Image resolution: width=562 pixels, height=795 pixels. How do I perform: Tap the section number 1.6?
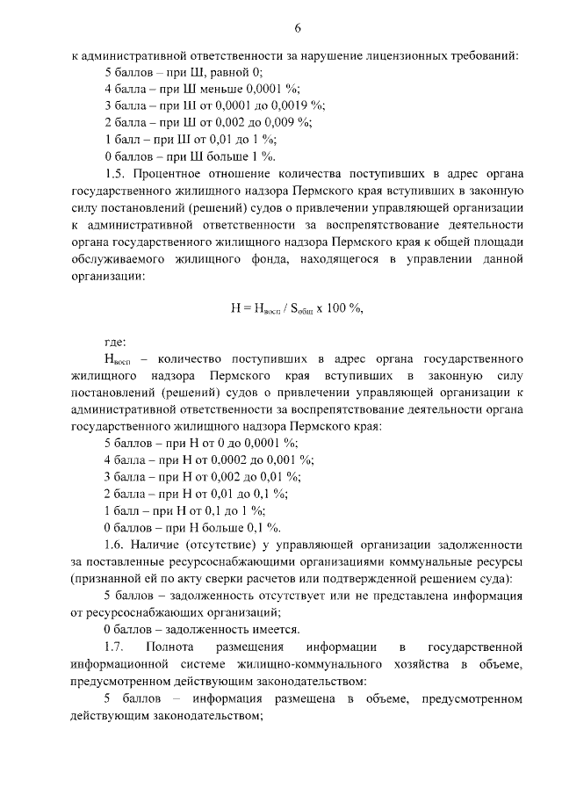coord(115,544)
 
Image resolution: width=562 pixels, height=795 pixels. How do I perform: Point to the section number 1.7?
coord(115,647)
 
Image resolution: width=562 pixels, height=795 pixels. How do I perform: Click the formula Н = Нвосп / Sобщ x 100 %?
coord(297,308)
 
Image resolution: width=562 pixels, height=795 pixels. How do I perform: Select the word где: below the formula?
coord(115,342)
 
